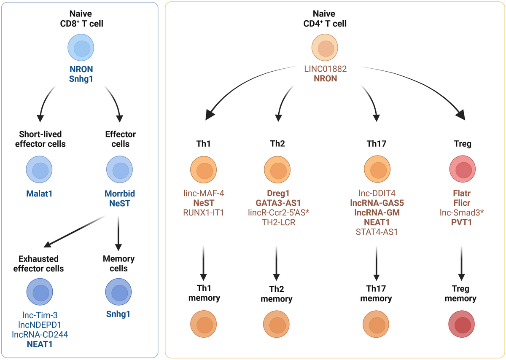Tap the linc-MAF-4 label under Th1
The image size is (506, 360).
[x=203, y=194]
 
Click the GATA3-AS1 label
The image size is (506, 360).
[x=277, y=204]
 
